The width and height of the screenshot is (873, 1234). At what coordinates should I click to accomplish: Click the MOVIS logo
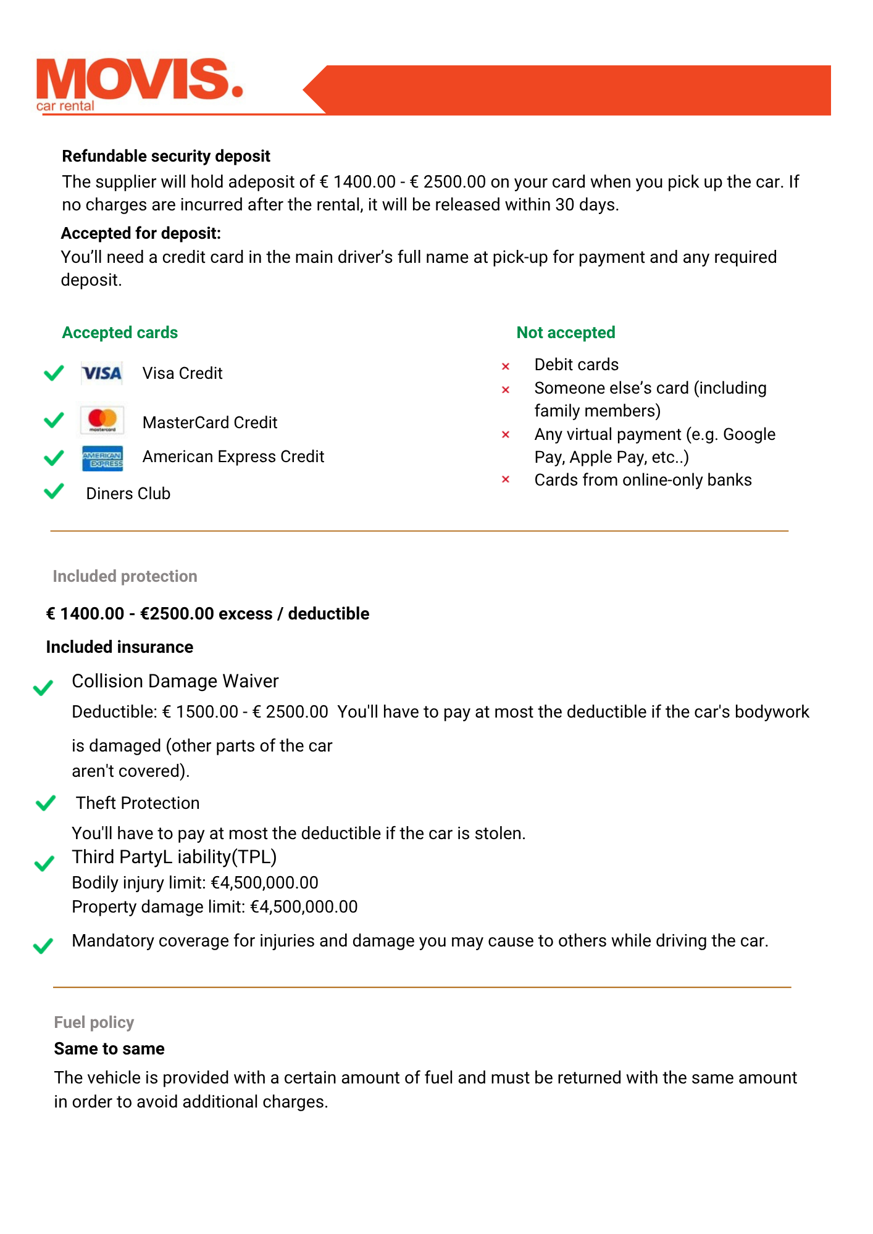(x=139, y=84)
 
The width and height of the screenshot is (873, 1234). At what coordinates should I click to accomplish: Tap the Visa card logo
(x=102, y=373)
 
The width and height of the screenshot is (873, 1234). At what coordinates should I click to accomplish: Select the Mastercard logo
(x=102, y=420)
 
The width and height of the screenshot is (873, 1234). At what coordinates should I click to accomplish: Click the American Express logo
(x=102, y=458)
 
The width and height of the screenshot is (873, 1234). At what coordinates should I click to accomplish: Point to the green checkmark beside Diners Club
(x=54, y=491)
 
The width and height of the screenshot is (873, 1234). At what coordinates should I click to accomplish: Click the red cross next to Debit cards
(x=506, y=366)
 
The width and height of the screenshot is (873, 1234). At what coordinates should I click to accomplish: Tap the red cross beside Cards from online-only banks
(x=506, y=479)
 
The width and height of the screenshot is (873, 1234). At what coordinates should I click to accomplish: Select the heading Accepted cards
(x=120, y=333)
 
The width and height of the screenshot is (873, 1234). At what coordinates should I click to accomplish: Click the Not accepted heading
(x=566, y=333)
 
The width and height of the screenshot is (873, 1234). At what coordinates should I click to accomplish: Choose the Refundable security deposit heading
(x=166, y=156)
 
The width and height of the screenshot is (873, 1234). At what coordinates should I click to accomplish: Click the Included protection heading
(x=125, y=576)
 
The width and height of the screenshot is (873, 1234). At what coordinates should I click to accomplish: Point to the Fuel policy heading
(x=94, y=1022)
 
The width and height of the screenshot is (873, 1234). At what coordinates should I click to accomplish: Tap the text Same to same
(x=109, y=1049)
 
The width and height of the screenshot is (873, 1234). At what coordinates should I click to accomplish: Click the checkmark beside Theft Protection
(x=46, y=803)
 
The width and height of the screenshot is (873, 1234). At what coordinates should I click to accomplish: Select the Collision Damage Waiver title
(x=175, y=681)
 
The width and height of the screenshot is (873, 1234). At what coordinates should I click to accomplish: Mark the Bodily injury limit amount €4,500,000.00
(x=265, y=883)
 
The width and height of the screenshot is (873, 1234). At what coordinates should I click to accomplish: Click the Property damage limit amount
(x=304, y=907)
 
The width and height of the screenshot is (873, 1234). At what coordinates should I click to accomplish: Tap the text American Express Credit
(x=233, y=457)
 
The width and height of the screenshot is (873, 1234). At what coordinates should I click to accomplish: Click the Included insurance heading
(x=120, y=647)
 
